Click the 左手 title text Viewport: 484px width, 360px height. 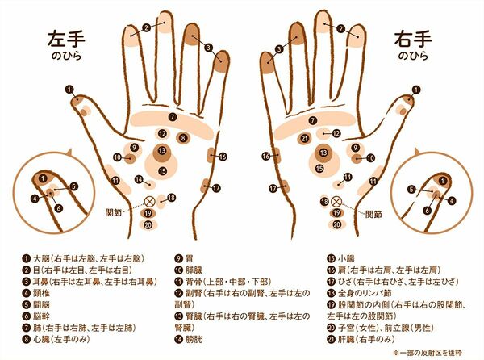(x=66, y=39)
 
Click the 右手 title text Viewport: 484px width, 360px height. (x=413, y=39)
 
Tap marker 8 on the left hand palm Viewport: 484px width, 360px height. (x=183, y=138)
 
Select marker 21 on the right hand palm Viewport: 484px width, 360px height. (x=305, y=138)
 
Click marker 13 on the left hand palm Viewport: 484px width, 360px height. (x=162, y=151)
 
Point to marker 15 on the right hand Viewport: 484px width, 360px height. (x=319, y=168)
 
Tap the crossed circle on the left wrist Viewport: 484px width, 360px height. (x=150, y=202)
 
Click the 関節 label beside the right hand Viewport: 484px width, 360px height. (x=373, y=214)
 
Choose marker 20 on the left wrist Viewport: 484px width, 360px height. (x=148, y=224)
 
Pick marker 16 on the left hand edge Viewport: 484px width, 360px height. (x=223, y=157)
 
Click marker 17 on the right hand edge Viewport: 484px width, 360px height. (x=273, y=188)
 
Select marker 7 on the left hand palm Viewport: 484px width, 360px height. (x=173, y=117)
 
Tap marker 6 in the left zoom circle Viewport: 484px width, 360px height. (x=59, y=208)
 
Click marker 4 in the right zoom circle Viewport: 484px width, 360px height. (x=452, y=201)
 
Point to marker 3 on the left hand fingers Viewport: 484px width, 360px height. (x=209, y=48)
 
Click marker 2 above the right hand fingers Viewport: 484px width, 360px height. (x=340, y=29)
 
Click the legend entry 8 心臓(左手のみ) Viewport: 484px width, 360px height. (x=56, y=339)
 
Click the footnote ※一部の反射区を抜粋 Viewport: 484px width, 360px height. (x=428, y=352)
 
